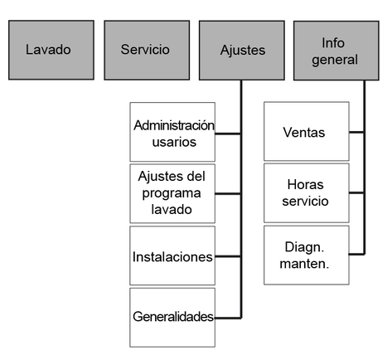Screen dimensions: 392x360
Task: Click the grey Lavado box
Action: tap(51, 50)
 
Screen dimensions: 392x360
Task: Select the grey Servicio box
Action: tap(147, 50)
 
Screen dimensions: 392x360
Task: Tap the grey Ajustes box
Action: tap(242, 51)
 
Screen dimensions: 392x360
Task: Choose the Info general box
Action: tap(336, 51)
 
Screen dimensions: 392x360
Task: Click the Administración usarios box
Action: tap(172, 132)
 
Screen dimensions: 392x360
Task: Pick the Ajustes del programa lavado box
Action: tap(172, 193)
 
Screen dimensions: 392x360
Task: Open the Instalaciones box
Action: tap(172, 255)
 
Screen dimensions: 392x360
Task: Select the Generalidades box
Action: tap(172, 318)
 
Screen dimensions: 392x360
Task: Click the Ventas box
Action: tap(307, 131)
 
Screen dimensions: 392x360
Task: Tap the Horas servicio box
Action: tap(307, 193)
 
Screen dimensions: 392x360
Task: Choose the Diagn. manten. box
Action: tap(307, 255)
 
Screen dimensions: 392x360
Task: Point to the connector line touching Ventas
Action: tap(356, 132)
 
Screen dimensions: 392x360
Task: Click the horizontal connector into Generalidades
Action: tap(228, 318)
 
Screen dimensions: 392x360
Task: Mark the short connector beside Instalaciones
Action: tap(228, 256)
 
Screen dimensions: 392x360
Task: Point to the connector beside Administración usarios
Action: tap(228, 134)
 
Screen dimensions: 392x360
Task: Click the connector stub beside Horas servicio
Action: tap(356, 192)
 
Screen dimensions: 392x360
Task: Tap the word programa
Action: tap(172, 193)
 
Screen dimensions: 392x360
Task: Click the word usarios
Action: tap(174, 142)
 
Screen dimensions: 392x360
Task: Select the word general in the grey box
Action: tap(335, 61)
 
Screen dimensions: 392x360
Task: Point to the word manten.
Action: tap(304, 264)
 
